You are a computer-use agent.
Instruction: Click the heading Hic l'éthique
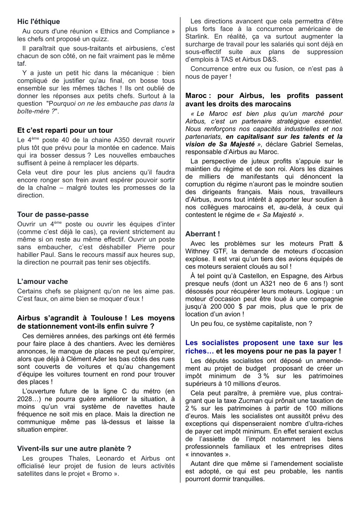coord(39,21)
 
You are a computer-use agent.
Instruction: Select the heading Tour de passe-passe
coord(53,214)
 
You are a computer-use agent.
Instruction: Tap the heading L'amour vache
coord(43,281)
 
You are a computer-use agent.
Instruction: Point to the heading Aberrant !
coord(203,234)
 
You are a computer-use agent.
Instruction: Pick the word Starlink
coord(198,36)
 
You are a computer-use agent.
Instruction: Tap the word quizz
coord(100,39)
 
